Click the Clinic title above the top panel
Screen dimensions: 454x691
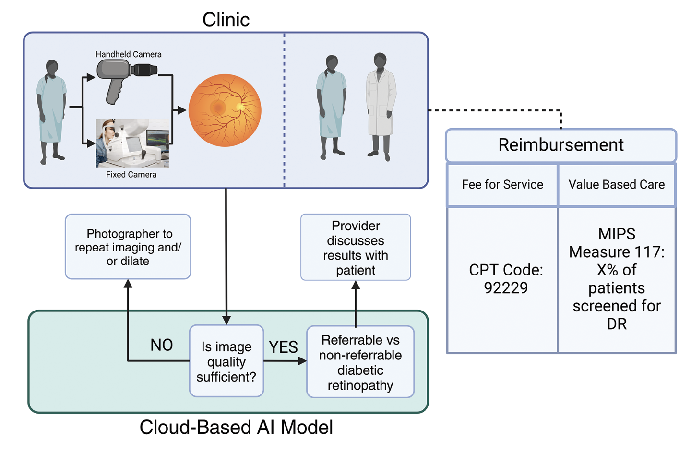point(226,20)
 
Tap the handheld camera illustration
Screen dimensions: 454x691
point(126,77)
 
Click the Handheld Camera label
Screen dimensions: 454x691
point(128,54)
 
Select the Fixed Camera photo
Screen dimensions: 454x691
point(132,143)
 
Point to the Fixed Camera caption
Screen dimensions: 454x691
point(131,175)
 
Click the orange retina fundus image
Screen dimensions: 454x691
point(225,110)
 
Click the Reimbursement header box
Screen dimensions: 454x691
point(560,145)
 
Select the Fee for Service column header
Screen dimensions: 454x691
point(502,185)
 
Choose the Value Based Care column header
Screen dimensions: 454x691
point(617,185)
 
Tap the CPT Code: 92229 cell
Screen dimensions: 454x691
point(505,279)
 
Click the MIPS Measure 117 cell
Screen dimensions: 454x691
point(617,279)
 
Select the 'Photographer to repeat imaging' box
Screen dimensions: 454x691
point(128,247)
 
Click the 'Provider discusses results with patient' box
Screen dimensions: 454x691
point(356,247)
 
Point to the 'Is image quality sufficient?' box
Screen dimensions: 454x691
point(226,361)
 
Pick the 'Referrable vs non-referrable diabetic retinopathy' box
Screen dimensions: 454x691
point(360,362)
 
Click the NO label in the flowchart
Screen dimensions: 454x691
point(161,345)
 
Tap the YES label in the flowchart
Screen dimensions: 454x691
point(283,347)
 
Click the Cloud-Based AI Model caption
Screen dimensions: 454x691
point(236,427)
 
